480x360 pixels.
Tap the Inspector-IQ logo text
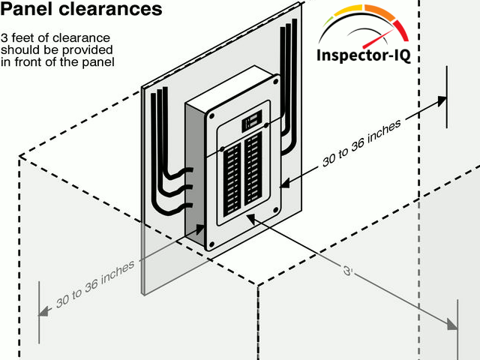pyautogui.click(x=364, y=56)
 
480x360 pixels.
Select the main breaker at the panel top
pyautogui.click(x=251, y=121)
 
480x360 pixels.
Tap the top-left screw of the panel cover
pyautogui.click(x=212, y=124)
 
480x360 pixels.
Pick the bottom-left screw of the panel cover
pyautogui.click(x=212, y=244)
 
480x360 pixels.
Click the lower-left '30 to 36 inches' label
pyautogui.click(x=95, y=284)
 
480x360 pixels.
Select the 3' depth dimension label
pyautogui.click(x=347, y=271)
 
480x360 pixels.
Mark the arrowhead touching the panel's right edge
pyautogui.click(x=283, y=183)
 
